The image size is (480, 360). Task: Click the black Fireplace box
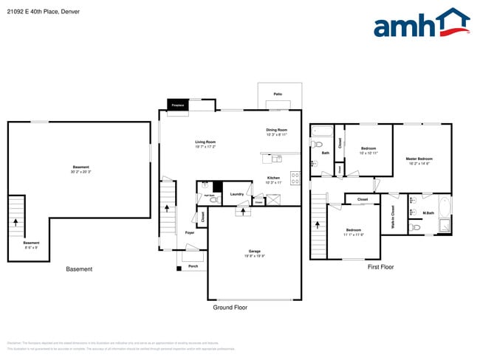[178, 105]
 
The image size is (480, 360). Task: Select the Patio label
[278, 94]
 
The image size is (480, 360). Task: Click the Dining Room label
[277, 130]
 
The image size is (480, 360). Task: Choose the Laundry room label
[237, 194]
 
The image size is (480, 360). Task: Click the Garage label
[254, 252]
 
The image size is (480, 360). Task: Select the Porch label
[193, 266]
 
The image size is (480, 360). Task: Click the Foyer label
[190, 232]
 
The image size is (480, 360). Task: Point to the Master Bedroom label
[419, 159]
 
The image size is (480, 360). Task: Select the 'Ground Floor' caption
[230, 307]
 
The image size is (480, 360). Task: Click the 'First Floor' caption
[381, 267]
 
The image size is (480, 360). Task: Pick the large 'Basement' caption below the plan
[79, 269]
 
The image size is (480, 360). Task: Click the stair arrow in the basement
[16, 220]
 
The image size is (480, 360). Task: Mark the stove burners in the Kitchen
[295, 177]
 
